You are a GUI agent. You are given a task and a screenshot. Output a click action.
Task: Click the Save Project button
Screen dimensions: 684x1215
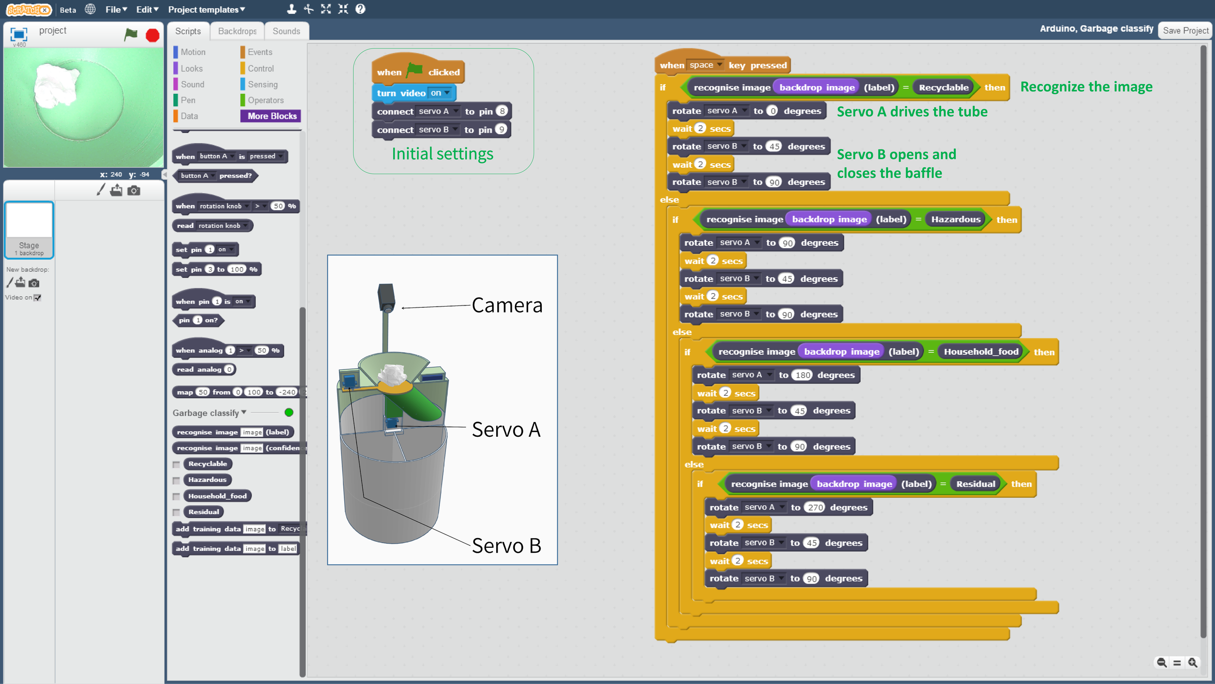[x=1185, y=30]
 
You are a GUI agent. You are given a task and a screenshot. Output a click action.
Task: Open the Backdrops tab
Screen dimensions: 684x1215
[x=237, y=31]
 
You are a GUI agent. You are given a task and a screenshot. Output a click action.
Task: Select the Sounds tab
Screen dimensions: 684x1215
[x=286, y=31]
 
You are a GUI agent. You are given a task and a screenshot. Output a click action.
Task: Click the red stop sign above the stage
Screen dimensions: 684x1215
[x=152, y=35]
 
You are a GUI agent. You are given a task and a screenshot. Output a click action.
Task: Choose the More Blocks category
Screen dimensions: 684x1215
[x=271, y=116]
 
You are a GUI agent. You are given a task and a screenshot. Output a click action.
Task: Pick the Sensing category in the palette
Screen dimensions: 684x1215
[x=262, y=84]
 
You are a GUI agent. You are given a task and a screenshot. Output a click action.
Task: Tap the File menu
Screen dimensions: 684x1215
[x=116, y=9]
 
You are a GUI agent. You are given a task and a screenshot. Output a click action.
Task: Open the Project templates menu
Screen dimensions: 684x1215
[x=206, y=9]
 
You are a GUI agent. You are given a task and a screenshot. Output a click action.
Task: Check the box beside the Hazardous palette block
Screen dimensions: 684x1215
[x=176, y=480]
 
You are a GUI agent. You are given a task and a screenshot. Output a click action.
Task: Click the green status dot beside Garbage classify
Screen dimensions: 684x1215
[x=289, y=412]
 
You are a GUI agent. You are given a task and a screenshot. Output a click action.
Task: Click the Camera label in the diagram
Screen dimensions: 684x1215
[x=507, y=305]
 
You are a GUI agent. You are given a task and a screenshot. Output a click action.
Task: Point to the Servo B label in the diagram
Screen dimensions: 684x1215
[x=506, y=546]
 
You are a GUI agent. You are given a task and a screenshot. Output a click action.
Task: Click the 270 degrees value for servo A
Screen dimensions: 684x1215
[x=815, y=507]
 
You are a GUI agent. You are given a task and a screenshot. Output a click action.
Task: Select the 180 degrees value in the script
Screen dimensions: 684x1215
[x=803, y=375]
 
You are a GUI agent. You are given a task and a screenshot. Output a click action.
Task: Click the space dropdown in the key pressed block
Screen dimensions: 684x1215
[x=705, y=65]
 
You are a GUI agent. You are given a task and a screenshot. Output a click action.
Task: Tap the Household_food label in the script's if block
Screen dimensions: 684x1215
[x=981, y=352]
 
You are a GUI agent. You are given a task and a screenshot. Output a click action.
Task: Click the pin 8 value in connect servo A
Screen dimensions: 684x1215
[x=502, y=111]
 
